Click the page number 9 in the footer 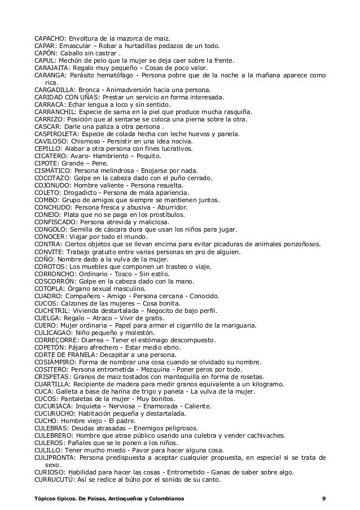pyautogui.click(x=323, y=499)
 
